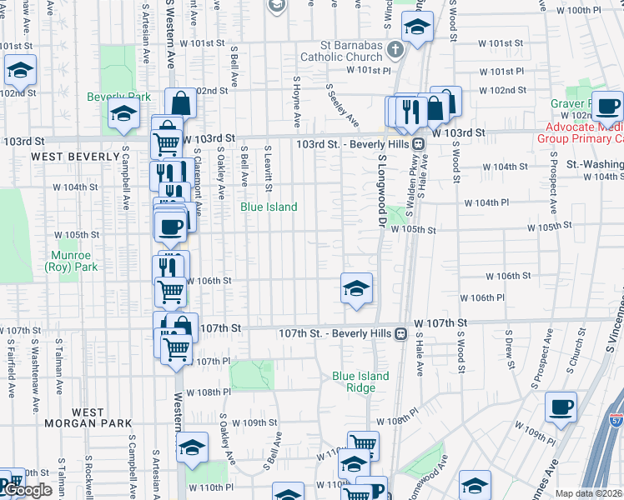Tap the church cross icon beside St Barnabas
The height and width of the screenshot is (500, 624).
tap(396, 52)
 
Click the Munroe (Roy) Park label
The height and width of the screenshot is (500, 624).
tap(72, 261)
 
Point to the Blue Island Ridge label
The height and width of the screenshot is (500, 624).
tap(360, 382)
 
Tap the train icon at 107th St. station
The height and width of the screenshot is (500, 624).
tap(401, 333)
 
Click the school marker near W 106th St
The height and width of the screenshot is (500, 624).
tap(356, 288)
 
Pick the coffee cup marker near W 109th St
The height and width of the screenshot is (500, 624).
tap(560, 407)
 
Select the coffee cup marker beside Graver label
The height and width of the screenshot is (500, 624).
tap(609, 105)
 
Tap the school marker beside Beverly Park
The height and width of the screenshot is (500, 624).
tap(123, 116)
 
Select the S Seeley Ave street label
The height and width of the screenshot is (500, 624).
tap(344, 104)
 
